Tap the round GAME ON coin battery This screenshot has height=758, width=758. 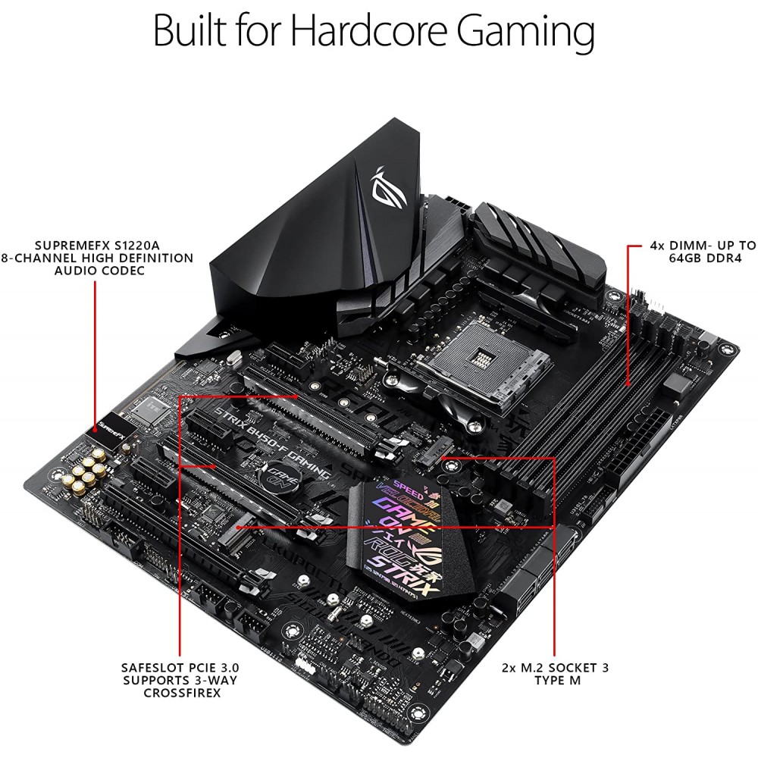279,478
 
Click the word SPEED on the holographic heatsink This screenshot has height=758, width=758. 383,490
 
